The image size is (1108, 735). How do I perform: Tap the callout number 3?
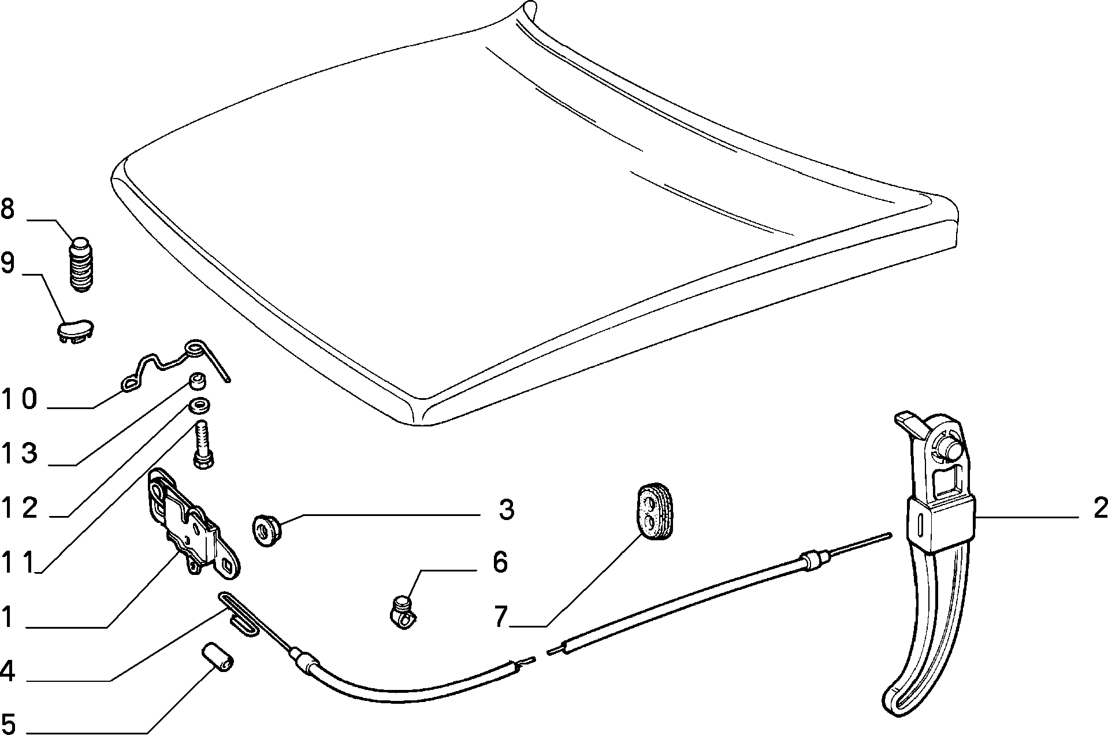coord(506,510)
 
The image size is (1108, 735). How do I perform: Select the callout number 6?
coord(500,562)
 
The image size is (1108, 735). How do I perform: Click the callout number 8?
coord(8,209)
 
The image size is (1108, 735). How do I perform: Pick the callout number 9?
coord(8,263)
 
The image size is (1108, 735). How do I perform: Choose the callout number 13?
coord(20,454)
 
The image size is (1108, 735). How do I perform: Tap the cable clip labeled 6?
coord(403,612)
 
